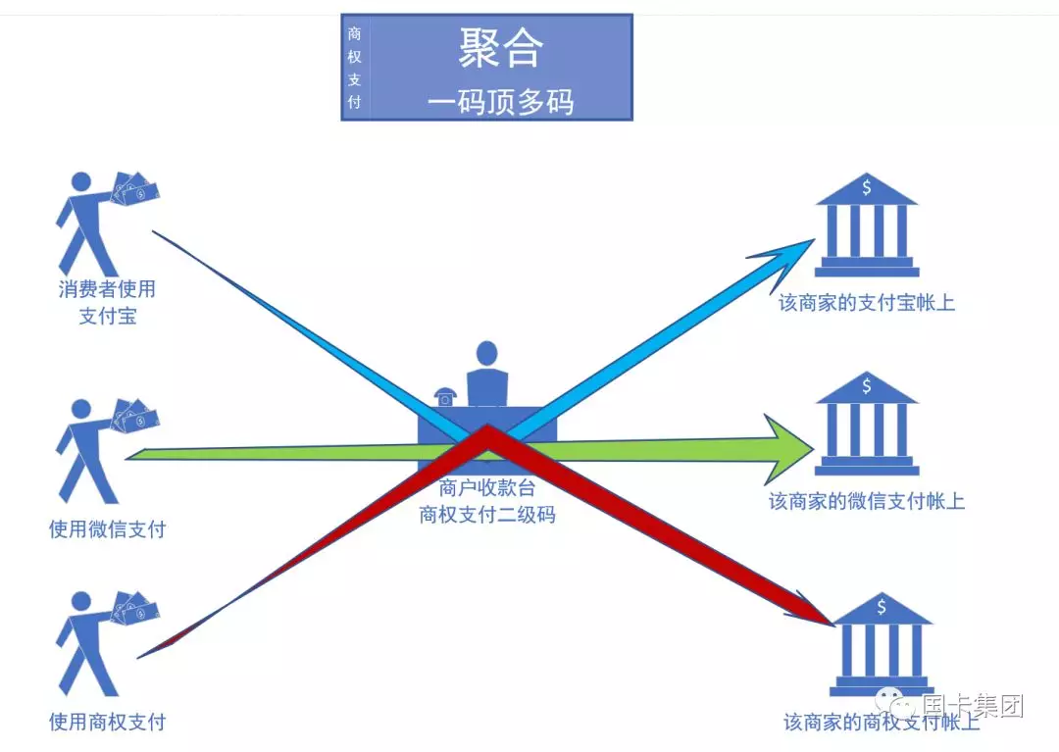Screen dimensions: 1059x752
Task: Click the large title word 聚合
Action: point(500,48)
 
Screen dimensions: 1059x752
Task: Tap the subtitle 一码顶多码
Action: point(500,102)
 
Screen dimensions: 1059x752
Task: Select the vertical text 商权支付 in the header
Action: point(355,68)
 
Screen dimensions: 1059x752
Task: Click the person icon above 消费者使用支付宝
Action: point(107,224)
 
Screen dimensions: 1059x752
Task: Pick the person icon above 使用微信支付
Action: point(107,450)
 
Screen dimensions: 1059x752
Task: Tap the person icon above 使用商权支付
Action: point(107,643)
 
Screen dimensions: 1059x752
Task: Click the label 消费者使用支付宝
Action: point(108,302)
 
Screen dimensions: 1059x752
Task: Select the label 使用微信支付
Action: point(108,529)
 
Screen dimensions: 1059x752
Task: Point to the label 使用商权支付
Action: point(108,722)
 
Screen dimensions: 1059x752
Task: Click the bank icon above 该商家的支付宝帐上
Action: point(867,225)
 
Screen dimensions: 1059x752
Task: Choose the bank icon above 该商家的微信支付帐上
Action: point(867,424)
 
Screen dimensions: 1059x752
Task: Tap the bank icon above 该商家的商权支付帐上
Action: point(882,645)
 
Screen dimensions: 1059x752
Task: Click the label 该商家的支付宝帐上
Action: point(867,302)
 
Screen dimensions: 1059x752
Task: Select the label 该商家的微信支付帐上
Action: point(867,501)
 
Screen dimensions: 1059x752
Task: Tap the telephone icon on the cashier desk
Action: point(445,397)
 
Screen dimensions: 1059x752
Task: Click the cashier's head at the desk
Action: point(487,353)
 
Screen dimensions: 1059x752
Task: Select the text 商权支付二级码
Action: point(487,515)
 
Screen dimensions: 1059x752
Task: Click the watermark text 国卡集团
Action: point(974,705)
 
